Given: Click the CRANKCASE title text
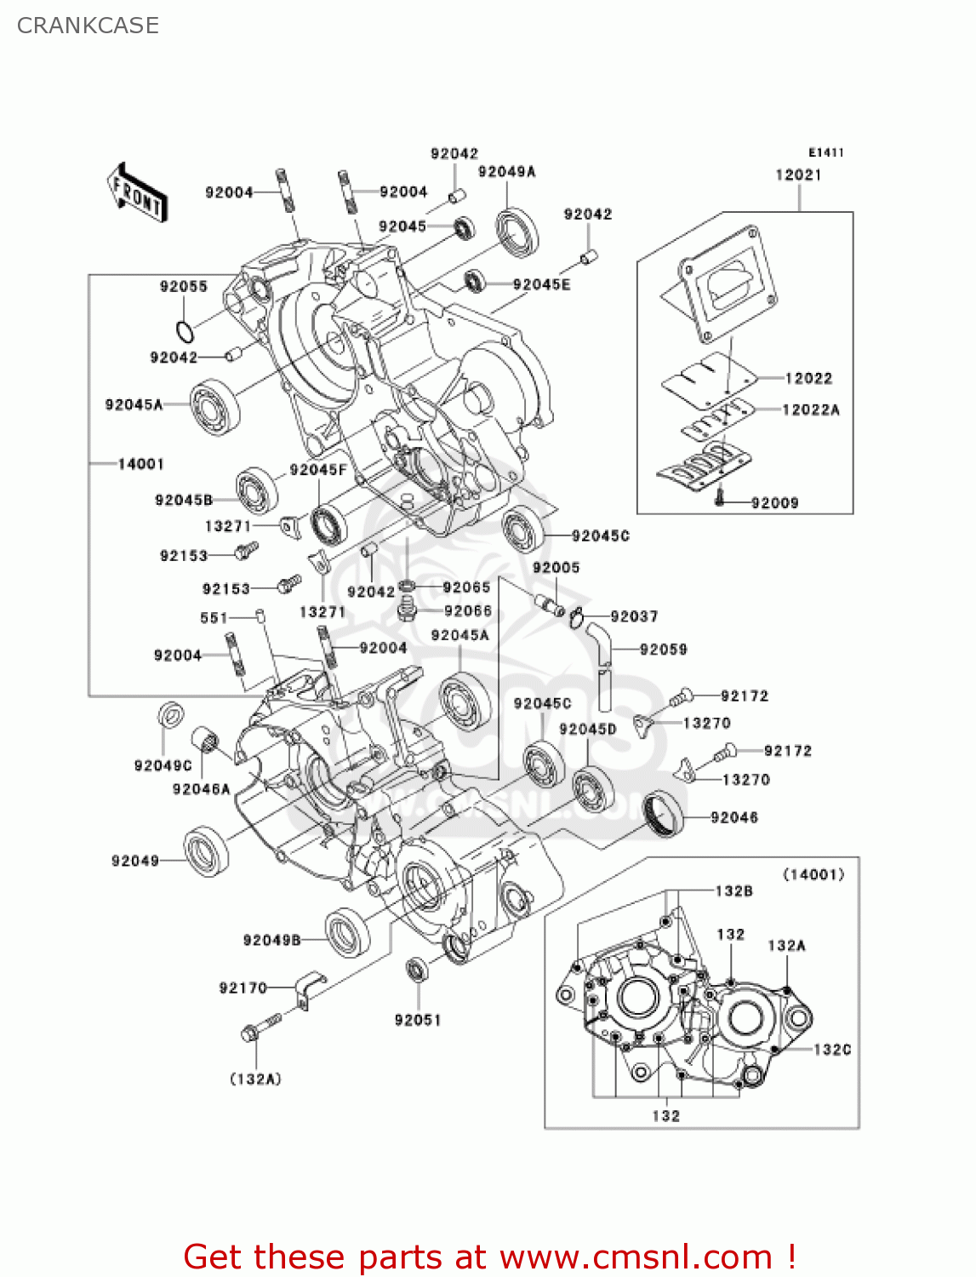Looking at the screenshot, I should click(88, 26).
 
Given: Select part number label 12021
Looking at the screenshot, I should click(798, 175).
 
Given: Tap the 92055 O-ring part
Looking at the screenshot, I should click(183, 330).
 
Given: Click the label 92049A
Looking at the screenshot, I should click(506, 172).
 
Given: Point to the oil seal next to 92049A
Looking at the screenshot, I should click(517, 232).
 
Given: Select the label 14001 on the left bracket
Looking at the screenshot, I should click(140, 464).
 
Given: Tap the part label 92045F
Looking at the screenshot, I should click(317, 470).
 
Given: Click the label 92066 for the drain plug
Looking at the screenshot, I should click(467, 610).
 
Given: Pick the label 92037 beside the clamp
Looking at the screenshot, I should click(634, 616).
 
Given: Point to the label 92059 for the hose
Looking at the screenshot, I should click(663, 650).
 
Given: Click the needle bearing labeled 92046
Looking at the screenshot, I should click(664, 813).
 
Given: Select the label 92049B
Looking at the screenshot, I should click(271, 940).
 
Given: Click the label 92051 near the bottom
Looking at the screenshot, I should click(418, 1020).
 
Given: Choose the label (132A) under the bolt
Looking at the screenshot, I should click(255, 1079).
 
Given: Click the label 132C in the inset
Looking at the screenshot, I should click(831, 1050).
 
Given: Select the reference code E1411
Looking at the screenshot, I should click(825, 152).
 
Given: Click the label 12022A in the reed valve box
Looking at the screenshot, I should click(810, 409).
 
